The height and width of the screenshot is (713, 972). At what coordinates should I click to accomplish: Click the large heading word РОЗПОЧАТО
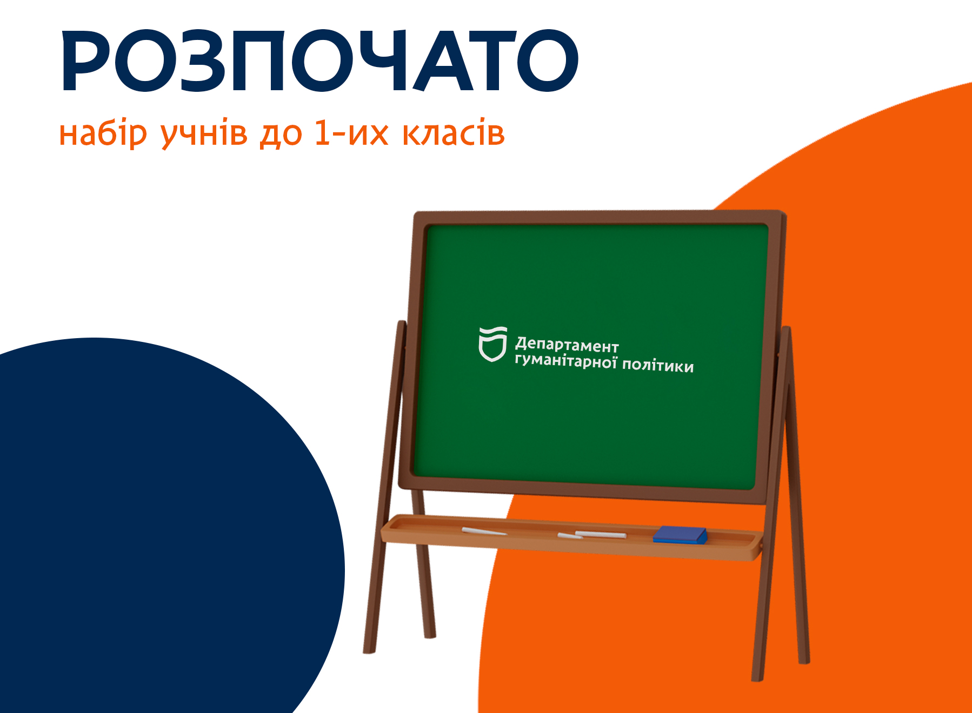click(x=319, y=60)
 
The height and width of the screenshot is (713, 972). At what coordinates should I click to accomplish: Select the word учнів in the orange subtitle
click(x=204, y=134)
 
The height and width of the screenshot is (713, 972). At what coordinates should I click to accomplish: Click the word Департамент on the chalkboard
click(x=567, y=345)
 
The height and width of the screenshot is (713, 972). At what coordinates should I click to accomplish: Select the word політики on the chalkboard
click(x=658, y=366)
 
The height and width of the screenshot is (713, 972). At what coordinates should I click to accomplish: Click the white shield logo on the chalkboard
click(x=492, y=344)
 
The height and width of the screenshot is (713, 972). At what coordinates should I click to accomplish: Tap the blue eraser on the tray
click(x=680, y=535)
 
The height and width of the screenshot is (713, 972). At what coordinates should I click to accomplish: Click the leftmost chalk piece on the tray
click(x=484, y=532)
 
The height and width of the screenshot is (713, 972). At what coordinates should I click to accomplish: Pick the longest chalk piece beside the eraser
click(x=600, y=534)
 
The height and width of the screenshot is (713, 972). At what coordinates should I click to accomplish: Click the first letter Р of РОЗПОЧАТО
click(x=86, y=60)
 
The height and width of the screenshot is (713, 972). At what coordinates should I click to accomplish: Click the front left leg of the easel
click(x=385, y=486)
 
